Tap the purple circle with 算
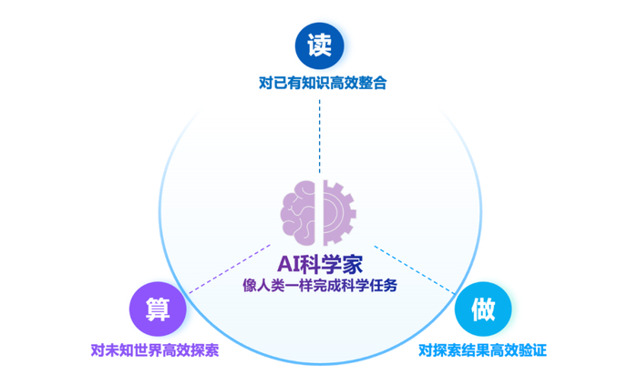pos(157,309)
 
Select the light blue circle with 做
pos(482,309)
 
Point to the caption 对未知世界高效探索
pos(155,350)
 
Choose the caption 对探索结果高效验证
pos(482,350)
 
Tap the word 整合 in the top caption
pos(374,83)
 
